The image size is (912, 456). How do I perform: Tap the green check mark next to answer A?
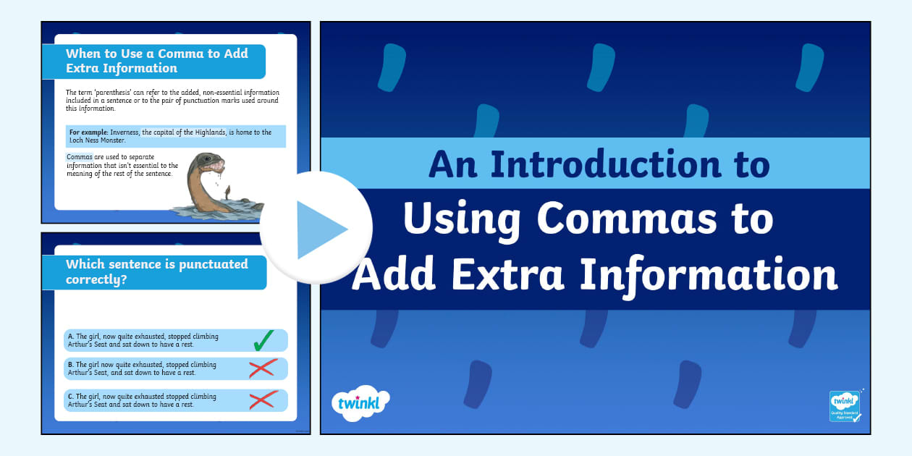tap(263, 339)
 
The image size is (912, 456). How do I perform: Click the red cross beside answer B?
tap(263, 368)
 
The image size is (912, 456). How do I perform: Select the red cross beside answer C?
tap(263, 400)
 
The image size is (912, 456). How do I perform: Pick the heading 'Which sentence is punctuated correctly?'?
tap(156, 271)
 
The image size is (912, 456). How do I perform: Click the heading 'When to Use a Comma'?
tap(156, 61)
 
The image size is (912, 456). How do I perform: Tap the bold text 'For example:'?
tap(88, 132)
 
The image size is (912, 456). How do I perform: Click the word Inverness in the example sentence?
tap(125, 132)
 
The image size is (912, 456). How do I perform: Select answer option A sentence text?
tap(142, 340)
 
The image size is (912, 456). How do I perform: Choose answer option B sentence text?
tap(142, 368)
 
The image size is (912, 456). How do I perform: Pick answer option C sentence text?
tap(142, 400)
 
